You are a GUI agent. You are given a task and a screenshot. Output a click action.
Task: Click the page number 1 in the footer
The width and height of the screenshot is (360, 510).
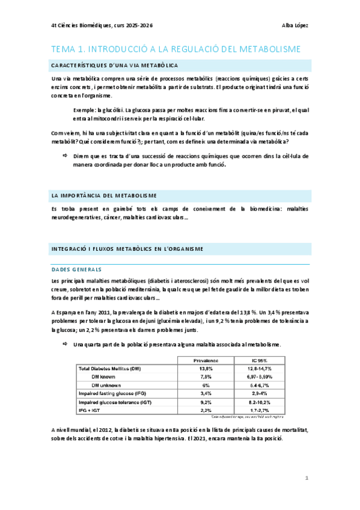307,478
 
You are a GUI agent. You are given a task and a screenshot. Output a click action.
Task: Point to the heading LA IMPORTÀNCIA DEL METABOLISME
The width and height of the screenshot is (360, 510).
104,195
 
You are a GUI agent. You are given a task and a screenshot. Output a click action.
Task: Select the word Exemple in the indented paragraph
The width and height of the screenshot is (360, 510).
83,111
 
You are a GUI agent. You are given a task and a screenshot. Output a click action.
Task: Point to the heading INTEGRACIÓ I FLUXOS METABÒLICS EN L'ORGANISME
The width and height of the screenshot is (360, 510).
127,248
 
